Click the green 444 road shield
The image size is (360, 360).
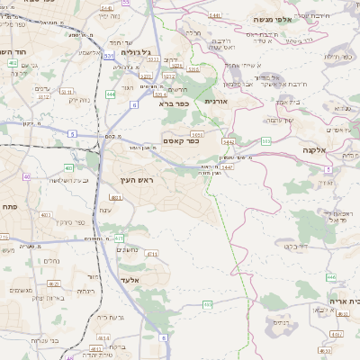point(110,93)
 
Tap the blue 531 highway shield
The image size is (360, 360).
point(109,56)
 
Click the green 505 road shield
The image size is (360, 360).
point(266,140)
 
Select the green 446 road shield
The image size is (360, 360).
point(330,277)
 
